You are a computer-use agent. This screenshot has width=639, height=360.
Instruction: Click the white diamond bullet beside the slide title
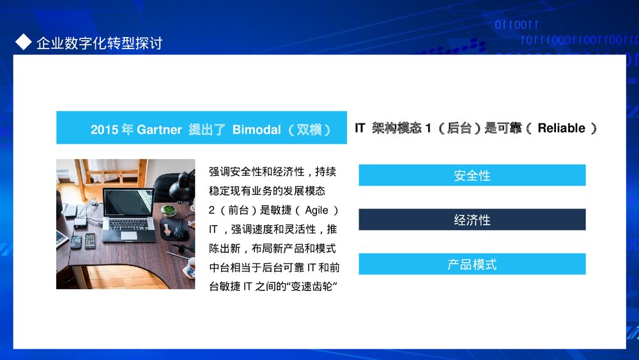(x=23, y=42)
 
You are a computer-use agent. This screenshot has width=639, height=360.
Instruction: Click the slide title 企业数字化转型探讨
(x=99, y=43)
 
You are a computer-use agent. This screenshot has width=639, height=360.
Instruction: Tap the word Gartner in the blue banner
(x=159, y=130)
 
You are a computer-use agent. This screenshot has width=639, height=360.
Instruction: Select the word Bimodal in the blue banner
(x=256, y=130)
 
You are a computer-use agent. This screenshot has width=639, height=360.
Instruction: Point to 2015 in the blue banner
(x=104, y=130)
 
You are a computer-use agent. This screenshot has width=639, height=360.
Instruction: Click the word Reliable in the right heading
(x=561, y=128)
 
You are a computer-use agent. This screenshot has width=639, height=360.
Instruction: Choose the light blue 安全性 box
(x=472, y=175)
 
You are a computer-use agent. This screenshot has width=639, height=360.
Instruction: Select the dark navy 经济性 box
(x=472, y=219)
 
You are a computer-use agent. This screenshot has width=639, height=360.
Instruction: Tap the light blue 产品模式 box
(x=472, y=264)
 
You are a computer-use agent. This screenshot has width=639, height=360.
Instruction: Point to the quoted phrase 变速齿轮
(x=316, y=286)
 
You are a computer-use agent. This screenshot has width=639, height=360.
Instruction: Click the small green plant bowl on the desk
(x=169, y=210)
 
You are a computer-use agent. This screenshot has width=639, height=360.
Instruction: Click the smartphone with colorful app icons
(x=90, y=241)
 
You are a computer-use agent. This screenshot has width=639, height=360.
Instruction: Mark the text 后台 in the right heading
(x=459, y=128)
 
